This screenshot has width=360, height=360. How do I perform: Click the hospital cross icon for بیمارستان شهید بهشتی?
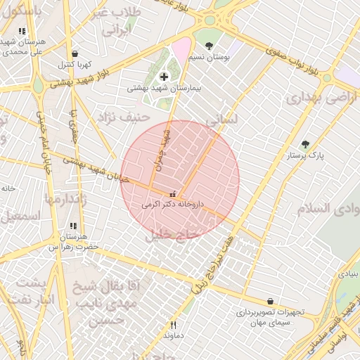pyautogui.click(x=165, y=76)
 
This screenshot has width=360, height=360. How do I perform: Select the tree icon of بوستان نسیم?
pyautogui.click(x=209, y=45)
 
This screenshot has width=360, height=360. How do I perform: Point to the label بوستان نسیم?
pyautogui.click(x=212, y=57)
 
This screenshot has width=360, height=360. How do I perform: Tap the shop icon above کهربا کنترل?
pyautogui.click(x=75, y=53)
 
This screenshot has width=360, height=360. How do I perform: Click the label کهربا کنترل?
pyautogui.click(x=75, y=65)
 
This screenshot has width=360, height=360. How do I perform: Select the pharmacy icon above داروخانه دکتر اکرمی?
pyautogui.click(x=173, y=193)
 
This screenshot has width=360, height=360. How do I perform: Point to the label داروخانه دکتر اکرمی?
pyautogui.click(x=173, y=205)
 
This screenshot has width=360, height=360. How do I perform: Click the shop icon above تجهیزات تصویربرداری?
pyautogui.click(x=270, y=301)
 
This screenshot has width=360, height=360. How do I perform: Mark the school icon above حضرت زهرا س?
pyautogui.click(x=73, y=226)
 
